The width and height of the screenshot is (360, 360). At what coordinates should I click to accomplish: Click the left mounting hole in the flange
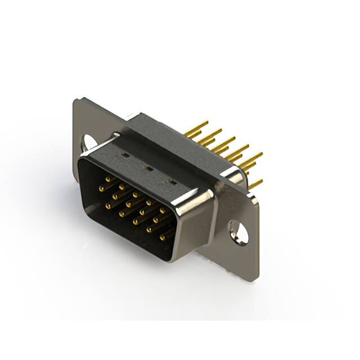pos(88,143)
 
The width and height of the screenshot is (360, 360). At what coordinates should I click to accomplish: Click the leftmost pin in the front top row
pos(107,179)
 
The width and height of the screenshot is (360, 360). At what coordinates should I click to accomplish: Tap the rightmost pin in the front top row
pos(163,210)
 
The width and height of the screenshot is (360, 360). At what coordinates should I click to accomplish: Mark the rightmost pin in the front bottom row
pos(163,237)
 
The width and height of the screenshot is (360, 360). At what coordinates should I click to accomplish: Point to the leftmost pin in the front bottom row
pos(108,206)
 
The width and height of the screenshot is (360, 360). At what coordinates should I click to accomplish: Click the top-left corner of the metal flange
pos(76,100)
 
